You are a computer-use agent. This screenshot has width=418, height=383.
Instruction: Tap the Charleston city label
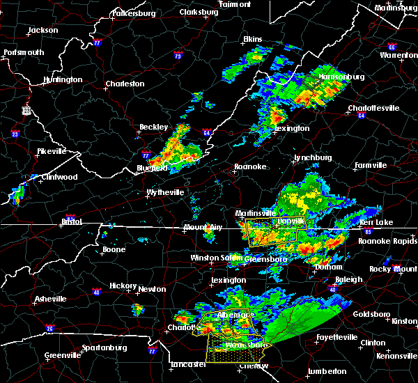point(125,84)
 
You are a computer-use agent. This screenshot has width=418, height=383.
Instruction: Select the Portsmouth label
point(24,52)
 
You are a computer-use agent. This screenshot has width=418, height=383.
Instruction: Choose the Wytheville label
point(165,192)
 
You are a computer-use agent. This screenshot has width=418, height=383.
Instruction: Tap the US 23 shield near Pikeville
point(26,110)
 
